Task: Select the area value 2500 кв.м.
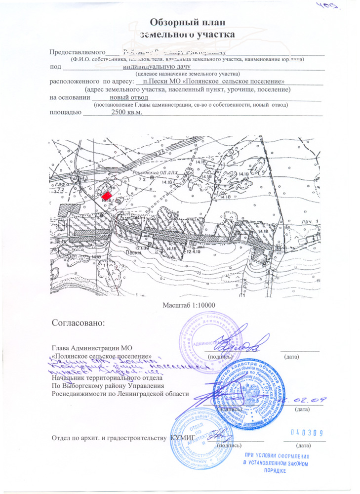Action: pos(127,113)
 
